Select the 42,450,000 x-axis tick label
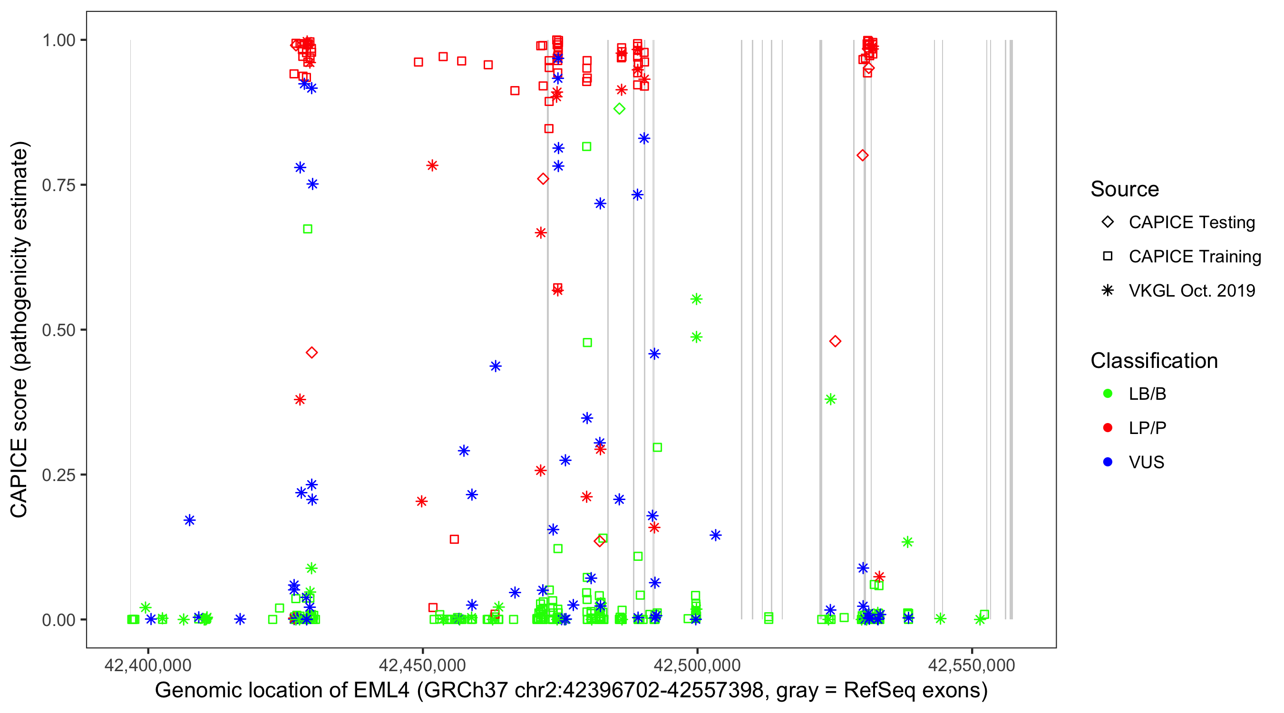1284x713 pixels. tap(422, 665)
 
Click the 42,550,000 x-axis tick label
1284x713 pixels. tap(971, 665)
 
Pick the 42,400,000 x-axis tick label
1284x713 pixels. tap(147, 665)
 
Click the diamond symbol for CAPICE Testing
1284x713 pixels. tap(1108, 222)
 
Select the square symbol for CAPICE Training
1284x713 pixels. tap(1108, 257)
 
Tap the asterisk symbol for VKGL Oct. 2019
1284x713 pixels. tap(1108, 290)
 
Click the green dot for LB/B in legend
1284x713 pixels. tap(1108, 394)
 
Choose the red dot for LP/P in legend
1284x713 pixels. tap(1108, 428)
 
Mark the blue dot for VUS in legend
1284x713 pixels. tap(1108, 462)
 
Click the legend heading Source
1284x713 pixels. tap(1125, 189)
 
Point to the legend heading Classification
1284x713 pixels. tap(1154, 361)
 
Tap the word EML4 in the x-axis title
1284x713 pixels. tap(381, 691)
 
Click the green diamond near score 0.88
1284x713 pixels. tap(619, 109)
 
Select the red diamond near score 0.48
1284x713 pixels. tap(835, 341)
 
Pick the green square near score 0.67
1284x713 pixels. tap(308, 229)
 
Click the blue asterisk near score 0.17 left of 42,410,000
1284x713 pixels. tap(189, 520)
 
